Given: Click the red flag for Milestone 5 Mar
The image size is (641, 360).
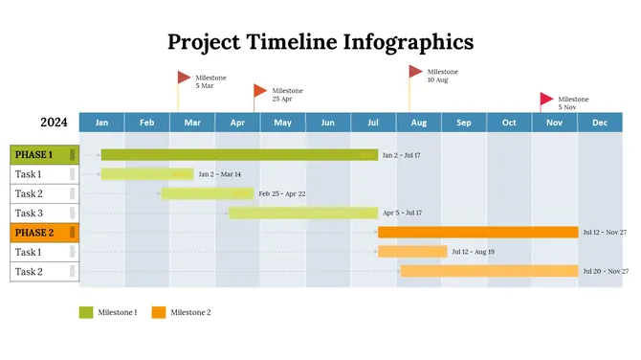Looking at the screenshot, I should [184, 78].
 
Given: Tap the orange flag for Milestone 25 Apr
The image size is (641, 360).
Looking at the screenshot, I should [260, 91].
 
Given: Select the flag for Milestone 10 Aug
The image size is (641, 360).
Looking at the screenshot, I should [415, 72].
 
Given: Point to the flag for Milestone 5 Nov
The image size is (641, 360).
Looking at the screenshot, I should [546, 99].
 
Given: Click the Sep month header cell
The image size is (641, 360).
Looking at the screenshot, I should [463, 123].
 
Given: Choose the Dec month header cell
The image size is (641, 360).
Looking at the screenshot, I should [600, 123].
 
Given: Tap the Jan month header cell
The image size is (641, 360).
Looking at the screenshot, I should [101, 123].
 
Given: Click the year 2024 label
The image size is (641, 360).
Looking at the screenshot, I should [54, 123].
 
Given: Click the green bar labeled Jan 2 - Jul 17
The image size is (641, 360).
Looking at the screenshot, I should [239, 154].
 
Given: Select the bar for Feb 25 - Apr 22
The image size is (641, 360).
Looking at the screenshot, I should [207, 193].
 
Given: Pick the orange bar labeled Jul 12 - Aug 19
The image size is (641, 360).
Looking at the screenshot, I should [412, 252].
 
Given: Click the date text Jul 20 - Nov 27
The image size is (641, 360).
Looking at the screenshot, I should [605, 272].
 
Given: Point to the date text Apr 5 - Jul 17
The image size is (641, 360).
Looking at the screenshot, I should [402, 214].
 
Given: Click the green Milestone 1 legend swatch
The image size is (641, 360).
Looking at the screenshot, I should [86, 312].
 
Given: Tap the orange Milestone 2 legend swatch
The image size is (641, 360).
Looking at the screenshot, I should [159, 312].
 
